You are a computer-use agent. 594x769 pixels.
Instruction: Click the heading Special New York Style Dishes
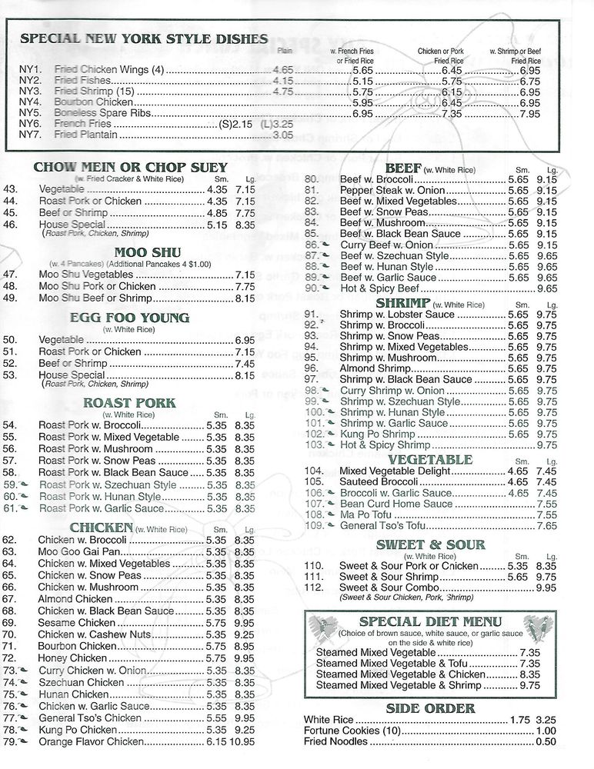pyautogui.click(x=144, y=39)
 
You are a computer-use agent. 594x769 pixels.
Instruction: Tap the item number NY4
pyautogui.click(x=30, y=102)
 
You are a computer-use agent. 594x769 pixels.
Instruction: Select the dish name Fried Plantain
pyautogui.click(x=86, y=135)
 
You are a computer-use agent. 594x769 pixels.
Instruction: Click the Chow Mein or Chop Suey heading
pyautogui.click(x=131, y=168)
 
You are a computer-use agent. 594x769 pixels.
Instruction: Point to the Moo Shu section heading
pyautogui.click(x=136, y=251)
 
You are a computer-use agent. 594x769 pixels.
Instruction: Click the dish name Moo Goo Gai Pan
pyautogui.click(x=80, y=552)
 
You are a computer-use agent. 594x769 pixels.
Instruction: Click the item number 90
pyautogui.click(x=312, y=288)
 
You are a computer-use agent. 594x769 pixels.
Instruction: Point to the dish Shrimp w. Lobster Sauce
pyautogui.click(x=397, y=315)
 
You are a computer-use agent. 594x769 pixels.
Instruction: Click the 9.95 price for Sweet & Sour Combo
pyautogui.click(x=547, y=588)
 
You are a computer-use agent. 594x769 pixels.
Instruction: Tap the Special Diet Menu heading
pyautogui.click(x=430, y=621)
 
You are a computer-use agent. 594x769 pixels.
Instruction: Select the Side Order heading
pyautogui.click(x=430, y=708)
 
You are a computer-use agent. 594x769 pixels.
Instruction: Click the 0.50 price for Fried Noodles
pyautogui.click(x=546, y=742)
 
